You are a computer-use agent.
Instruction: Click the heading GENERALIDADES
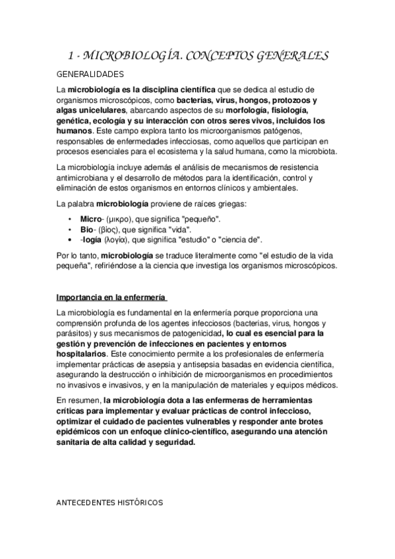90,74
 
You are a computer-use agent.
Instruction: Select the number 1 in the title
73,56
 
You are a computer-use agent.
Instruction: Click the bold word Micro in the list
91,218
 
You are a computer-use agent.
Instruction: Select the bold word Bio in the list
87,229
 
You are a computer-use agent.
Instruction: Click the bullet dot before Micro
71,218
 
